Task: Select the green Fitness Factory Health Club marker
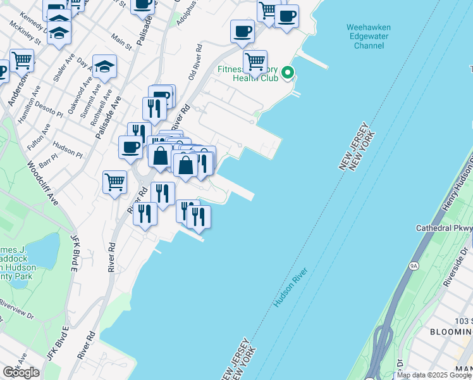click(288, 73)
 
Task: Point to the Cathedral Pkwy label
click(444, 228)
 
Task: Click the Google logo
click(21, 372)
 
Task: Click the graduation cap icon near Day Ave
click(104, 66)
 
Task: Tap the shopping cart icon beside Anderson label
click(22, 61)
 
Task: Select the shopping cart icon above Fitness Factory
click(255, 61)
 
